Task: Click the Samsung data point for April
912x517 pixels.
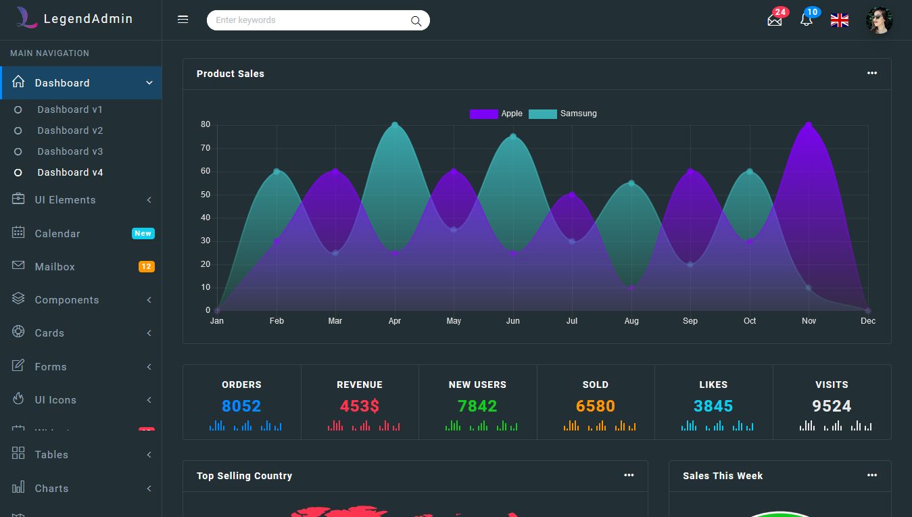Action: (x=395, y=125)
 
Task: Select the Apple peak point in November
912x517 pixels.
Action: (x=809, y=125)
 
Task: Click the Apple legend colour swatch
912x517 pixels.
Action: (x=483, y=114)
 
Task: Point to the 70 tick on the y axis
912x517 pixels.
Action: (x=206, y=148)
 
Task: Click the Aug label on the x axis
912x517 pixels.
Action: (x=631, y=321)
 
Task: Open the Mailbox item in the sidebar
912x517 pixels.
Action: (x=55, y=267)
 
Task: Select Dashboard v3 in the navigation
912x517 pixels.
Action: (x=70, y=151)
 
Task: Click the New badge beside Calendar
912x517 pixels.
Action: (x=143, y=233)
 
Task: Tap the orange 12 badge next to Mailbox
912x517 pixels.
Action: (x=147, y=267)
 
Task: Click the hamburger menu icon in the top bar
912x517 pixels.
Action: (x=183, y=20)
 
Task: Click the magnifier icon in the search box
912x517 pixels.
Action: (x=416, y=21)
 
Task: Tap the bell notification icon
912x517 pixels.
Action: (x=806, y=20)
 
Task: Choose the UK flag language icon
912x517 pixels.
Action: (x=840, y=20)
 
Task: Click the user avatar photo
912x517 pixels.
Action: (x=879, y=20)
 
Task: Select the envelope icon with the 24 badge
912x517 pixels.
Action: (x=775, y=20)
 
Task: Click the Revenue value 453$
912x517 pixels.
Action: (x=360, y=406)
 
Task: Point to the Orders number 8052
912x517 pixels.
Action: (x=241, y=406)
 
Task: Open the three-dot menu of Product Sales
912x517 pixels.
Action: (x=872, y=73)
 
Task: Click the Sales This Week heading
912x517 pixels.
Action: (x=723, y=476)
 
